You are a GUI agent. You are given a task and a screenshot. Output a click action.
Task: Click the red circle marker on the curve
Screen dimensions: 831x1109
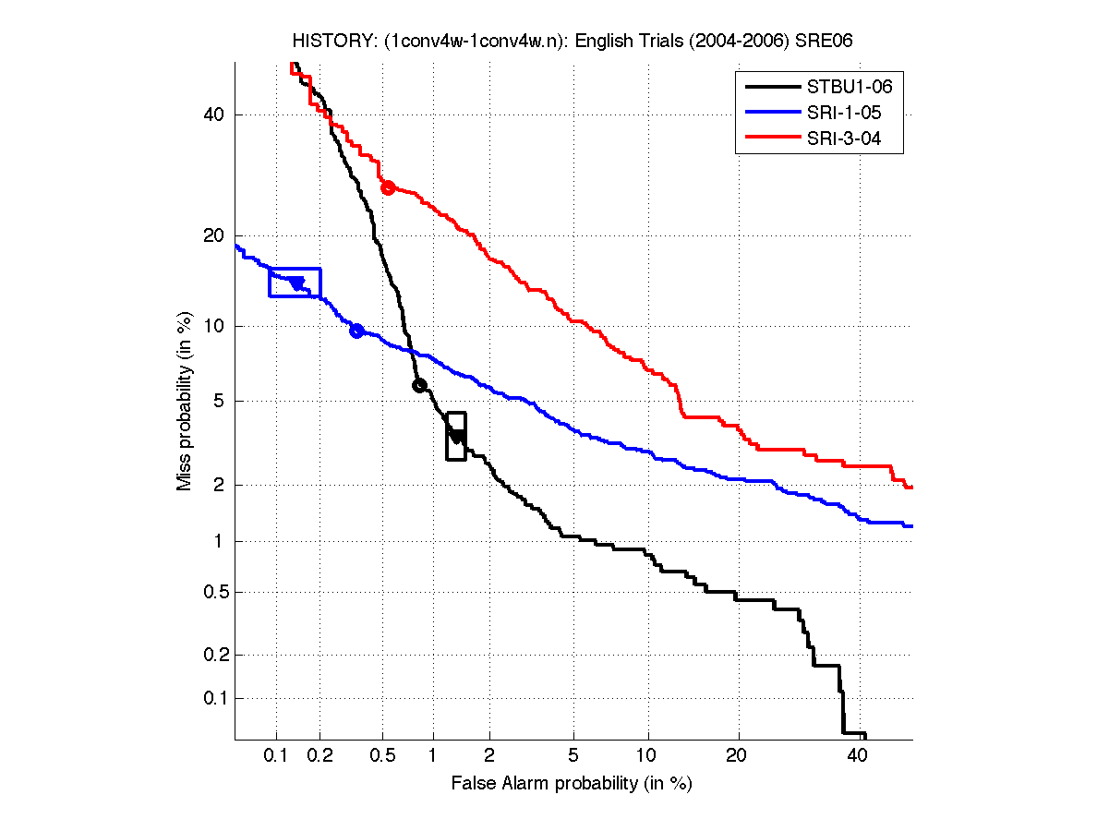389,187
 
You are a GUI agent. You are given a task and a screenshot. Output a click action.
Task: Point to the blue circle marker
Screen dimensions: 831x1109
356,331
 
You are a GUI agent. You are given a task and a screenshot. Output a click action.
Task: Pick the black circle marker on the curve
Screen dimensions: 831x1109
418,386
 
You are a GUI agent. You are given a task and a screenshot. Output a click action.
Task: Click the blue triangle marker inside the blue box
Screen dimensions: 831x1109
296,283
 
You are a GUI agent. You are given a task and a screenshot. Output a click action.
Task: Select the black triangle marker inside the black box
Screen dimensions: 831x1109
455,436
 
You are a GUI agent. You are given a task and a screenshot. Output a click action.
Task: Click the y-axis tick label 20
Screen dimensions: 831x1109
213,235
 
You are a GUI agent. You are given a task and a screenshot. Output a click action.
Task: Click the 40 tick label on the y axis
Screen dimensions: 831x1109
213,114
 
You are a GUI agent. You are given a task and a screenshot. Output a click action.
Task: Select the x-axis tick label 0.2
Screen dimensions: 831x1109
320,756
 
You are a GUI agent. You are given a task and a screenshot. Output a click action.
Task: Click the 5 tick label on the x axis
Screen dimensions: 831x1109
574,756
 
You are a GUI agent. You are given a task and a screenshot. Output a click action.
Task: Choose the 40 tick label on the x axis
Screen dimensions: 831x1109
857,756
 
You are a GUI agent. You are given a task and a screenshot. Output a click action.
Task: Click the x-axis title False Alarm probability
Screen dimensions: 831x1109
572,784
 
